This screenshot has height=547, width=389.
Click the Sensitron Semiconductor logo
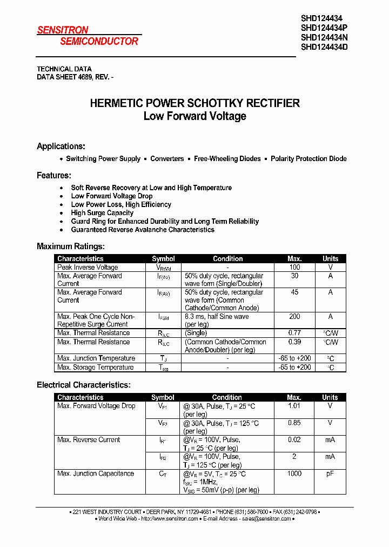pos(88,36)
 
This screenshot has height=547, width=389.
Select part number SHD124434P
pos(324,28)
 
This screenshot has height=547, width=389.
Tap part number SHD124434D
pos(324,47)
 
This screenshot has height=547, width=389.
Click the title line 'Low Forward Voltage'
pos(194,116)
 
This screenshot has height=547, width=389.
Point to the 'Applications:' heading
pos(61,146)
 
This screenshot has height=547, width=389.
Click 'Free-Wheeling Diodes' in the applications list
pos(227,159)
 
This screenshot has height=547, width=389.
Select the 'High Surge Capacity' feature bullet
pos(102,213)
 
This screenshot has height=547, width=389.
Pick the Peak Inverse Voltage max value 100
pos(294,268)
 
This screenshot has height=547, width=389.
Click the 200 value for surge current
pos(294,317)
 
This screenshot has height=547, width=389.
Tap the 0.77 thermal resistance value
pos(294,333)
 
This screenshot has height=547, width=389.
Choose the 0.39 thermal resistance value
pos(294,342)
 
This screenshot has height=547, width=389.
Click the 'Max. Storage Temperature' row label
pos(95,368)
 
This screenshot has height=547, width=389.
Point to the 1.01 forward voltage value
pos(294,406)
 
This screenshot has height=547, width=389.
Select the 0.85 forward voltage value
pos(294,423)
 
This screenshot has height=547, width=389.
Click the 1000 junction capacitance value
pos(294,473)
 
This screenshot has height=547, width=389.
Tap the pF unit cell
pos(330,473)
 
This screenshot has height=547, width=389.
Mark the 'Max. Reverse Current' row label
pos(89,440)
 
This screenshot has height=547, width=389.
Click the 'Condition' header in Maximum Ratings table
pos(227,259)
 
